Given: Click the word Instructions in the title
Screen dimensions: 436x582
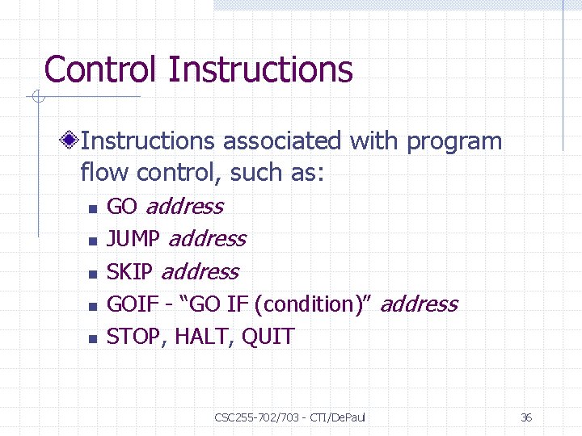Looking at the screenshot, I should [260, 70].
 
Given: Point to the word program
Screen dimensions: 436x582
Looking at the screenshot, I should [454, 143].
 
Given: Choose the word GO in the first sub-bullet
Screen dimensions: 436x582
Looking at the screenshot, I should [122, 207].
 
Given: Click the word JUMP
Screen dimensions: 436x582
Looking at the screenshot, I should [133, 239].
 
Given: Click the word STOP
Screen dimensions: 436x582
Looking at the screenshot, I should [133, 337].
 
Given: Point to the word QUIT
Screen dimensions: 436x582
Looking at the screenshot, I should [268, 337].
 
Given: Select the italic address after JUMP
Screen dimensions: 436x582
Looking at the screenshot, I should [207, 239].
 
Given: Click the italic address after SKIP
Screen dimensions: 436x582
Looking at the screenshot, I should [200, 272].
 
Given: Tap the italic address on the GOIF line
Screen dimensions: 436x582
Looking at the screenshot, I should [418, 304].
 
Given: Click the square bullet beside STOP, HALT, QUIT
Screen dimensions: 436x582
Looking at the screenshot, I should [92, 338].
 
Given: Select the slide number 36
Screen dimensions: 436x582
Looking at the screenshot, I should [525, 417].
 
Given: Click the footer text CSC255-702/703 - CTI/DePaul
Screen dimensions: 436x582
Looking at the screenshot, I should [290, 417].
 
